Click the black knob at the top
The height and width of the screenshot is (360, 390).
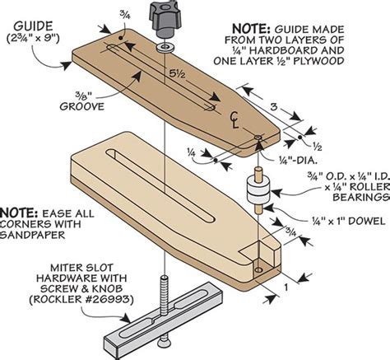tap(160, 15)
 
